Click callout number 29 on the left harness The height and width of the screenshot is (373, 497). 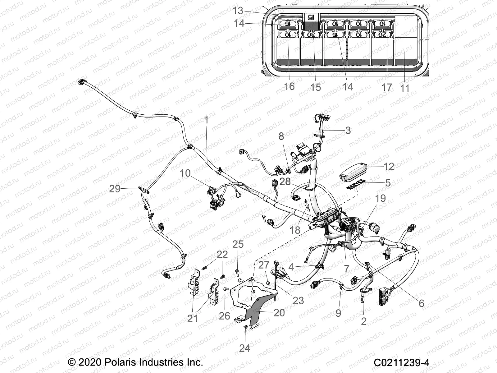tap(115, 188)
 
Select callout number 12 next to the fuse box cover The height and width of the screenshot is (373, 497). tap(389, 167)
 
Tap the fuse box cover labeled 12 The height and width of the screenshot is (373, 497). tap(354, 172)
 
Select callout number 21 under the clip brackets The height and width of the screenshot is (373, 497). tap(192, 318)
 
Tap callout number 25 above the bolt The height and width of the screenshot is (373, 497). tap(238, 244)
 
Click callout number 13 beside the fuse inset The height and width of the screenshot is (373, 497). tap(238, 11)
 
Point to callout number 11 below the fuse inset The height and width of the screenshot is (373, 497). tap(405, 88)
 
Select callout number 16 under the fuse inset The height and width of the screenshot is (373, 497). tap(289, 86)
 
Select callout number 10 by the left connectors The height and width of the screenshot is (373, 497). tap(185, 173)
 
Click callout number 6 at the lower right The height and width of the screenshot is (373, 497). tap(421, 303)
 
